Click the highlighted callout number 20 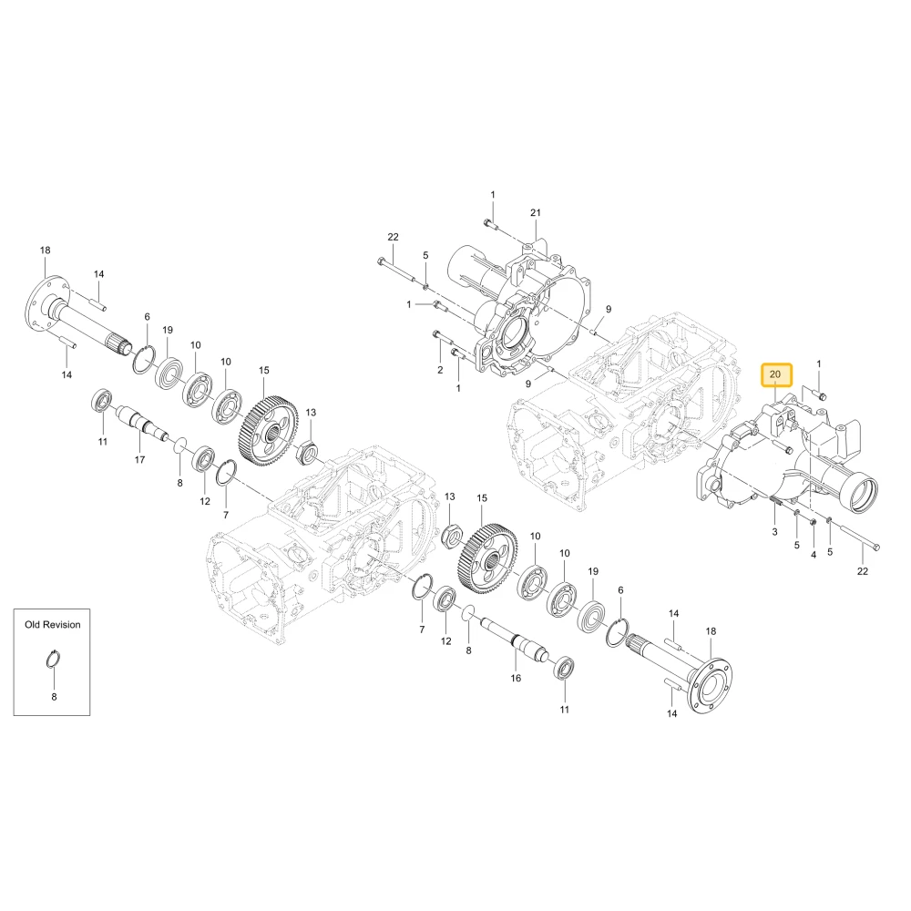775,374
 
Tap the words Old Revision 52,625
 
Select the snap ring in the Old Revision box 54,660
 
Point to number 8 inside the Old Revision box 54,697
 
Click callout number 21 535,212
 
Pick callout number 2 440,370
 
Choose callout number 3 774,532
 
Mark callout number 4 814,555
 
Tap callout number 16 516,678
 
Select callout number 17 139,459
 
